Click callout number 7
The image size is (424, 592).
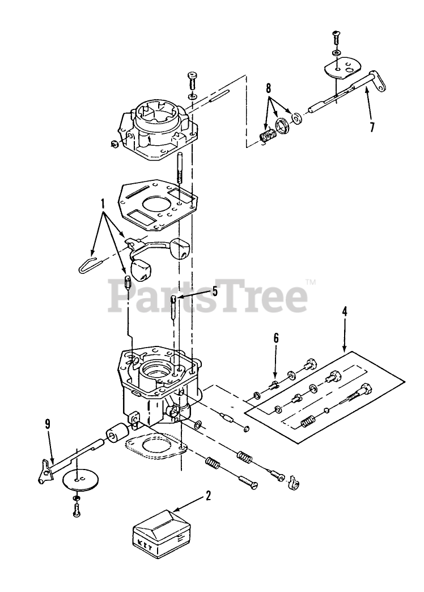pos(372,126)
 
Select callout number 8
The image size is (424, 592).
pos(269,89)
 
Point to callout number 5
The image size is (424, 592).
pos(215,291)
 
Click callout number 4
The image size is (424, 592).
pos(344,311)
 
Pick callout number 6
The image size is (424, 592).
pos(276,338)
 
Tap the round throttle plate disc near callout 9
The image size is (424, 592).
pos(78,479)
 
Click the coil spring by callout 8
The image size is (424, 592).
pos(266,136)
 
